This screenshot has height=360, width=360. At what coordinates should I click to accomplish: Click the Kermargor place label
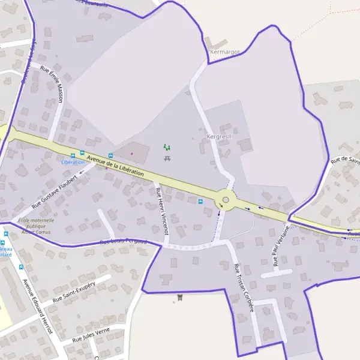point(225,52)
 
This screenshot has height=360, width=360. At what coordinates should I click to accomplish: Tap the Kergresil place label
point(218,136)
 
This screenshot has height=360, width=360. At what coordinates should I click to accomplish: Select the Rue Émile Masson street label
point(52,83)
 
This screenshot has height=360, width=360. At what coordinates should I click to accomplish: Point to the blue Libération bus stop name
point(73,162)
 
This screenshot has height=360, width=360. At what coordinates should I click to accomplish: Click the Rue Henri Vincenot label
point(162,211)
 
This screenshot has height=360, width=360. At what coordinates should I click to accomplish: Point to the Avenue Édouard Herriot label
point(37,306)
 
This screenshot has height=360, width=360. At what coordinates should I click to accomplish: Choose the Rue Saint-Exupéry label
point(74,292)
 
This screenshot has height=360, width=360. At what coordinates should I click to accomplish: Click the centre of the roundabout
point(226,200)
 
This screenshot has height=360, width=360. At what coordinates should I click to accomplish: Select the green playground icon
point(167,147)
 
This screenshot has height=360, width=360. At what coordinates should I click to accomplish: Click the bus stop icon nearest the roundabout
point(200,201)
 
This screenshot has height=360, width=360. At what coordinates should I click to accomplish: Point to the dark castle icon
point(179,298)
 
